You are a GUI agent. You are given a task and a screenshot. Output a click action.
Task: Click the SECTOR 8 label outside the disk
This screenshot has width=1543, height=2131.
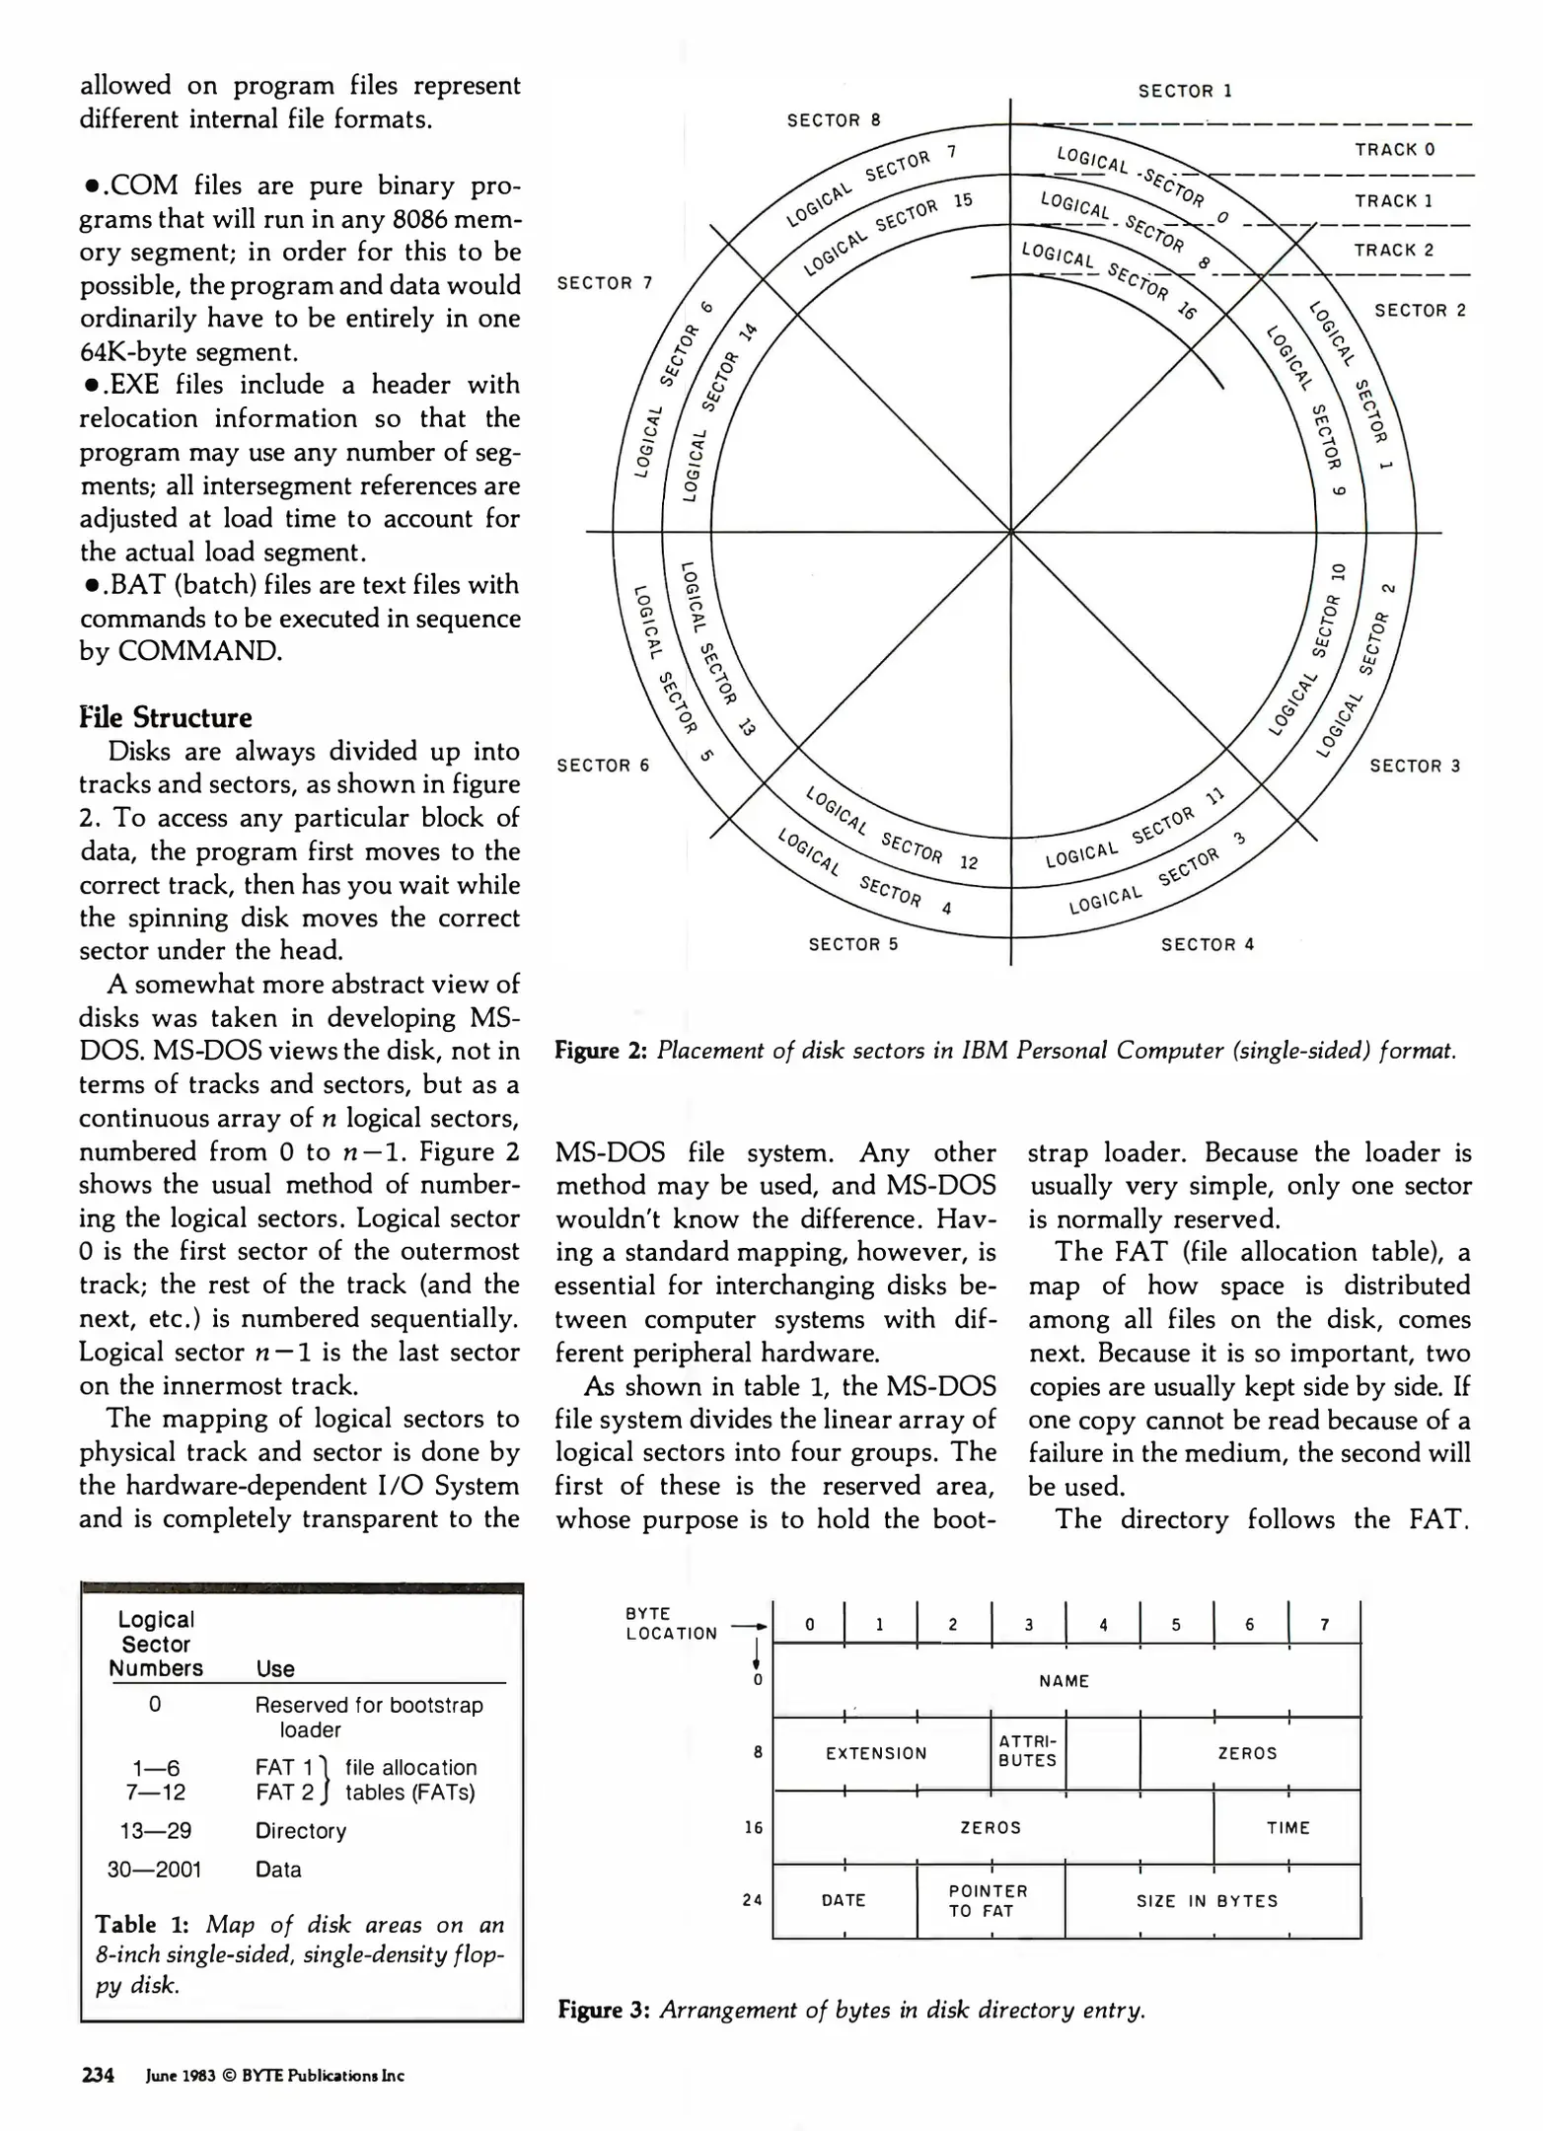[833, 120]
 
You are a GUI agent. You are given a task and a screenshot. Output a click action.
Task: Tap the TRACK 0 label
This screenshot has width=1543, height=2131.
[1394, 150]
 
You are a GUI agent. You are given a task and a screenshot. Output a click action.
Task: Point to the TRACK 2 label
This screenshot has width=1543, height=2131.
[1393, 251]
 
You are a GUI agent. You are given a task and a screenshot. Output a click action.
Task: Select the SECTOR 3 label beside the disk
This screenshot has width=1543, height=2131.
[1414, 766]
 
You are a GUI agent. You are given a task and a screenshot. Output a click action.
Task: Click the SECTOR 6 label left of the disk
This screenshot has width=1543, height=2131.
[603, 766]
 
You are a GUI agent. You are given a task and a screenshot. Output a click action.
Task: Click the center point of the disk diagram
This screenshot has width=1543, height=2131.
[1010, 532]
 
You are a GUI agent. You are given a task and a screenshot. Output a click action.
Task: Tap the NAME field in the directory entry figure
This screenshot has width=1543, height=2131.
[1064, 1680]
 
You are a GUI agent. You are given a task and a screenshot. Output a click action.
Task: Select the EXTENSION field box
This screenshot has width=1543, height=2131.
[876, 1753]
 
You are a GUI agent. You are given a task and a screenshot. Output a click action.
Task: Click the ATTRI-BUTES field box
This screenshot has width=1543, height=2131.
[1027, 1752]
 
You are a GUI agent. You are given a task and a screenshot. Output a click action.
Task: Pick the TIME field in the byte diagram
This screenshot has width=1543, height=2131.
[1287, 1827]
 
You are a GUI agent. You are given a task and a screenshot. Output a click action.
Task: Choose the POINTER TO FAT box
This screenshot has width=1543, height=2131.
[989, 1900]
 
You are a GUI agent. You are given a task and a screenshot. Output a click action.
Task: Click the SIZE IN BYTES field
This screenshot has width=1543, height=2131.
[1207, 1901]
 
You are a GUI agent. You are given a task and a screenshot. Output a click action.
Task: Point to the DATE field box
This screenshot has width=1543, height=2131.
[844, 1900]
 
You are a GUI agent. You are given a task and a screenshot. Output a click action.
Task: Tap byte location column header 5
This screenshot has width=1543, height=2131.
[1176, 1625]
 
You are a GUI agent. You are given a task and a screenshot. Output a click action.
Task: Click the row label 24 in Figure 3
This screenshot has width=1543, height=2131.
[753, 1900]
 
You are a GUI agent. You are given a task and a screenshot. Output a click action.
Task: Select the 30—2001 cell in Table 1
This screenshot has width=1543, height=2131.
[154, 1870]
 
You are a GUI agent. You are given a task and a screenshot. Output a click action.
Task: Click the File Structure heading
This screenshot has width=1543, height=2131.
[166, 717]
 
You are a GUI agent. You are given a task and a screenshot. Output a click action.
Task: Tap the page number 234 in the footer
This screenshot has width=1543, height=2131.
[98, 2075]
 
